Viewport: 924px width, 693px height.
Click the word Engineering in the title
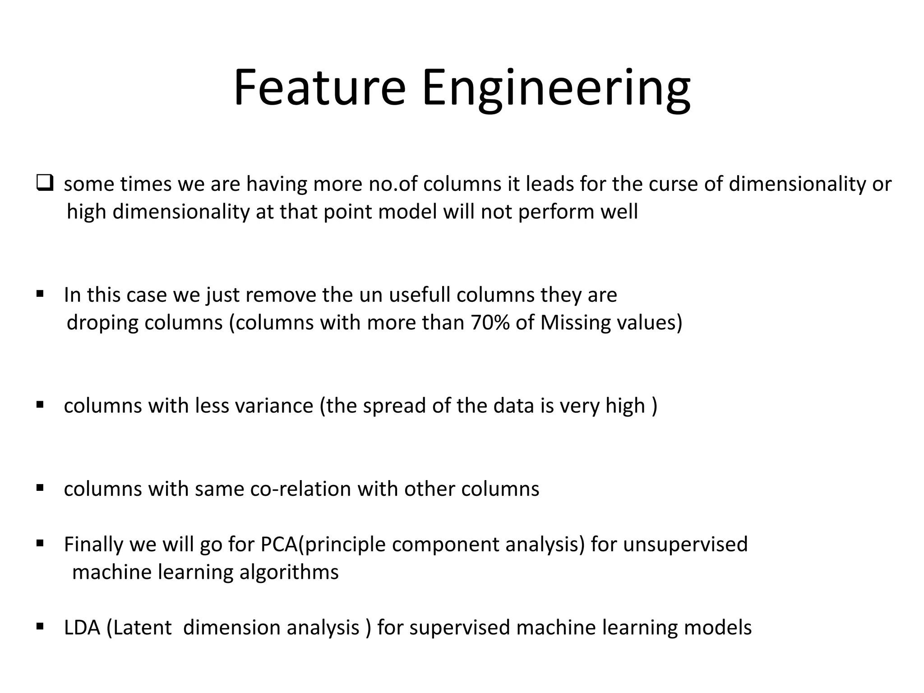[555, 90]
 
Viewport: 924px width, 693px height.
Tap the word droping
[102, 323]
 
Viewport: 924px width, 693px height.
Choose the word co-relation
[300, 489]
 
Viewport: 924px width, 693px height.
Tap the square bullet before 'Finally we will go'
[40, 543]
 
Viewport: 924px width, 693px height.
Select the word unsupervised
[685, 545]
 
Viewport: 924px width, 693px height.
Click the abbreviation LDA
[82, 628]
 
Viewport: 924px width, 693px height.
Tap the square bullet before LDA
[40, 627]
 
